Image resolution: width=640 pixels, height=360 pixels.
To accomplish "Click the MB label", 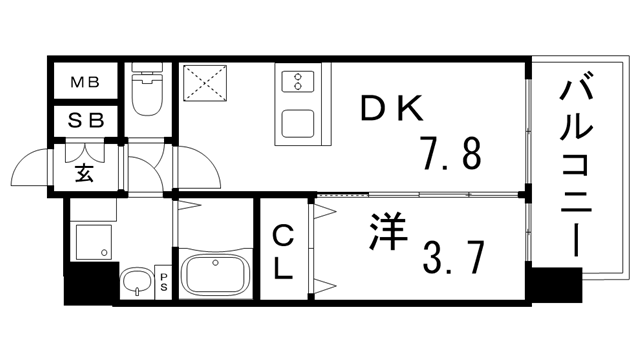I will tap(84, 82).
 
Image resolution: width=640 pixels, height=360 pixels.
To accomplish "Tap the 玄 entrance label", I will tap(84, 171).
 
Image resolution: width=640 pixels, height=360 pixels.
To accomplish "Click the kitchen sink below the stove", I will tap(298, 124).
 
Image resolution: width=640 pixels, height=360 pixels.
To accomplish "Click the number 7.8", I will tap(449, 155).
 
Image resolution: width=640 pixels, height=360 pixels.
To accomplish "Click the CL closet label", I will tap(283, 252).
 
